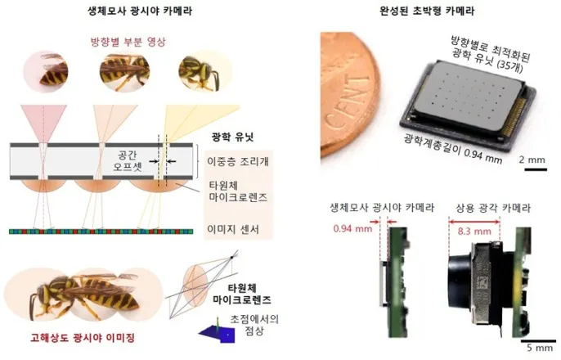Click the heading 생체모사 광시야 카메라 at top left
tap(140, 11)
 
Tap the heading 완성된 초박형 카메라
tap(427, 11)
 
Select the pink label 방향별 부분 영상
tap(128, 42)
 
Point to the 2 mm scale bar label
tap(532, 160)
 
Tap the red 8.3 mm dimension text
tap(474, 232)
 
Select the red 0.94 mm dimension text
tap(352, 228)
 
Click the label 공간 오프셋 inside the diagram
tap(128, 161)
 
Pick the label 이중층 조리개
tap(238, 161)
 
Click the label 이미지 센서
tap(233, 229)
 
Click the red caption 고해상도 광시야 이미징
tap(83, 337)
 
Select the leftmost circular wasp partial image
tap(46, 71)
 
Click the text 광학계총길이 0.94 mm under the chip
tap(453, 148)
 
